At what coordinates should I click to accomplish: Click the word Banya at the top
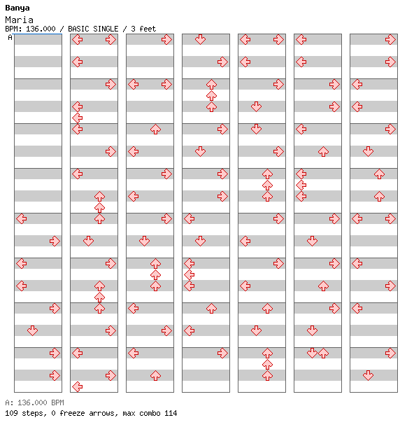click(x=17, y=8)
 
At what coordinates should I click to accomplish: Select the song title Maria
click(x=19, y=20)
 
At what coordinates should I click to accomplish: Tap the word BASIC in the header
click(x=78, y=29)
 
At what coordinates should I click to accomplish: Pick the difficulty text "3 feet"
click(x=143, y=29)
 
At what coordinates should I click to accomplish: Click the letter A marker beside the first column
click(x=10, y=37)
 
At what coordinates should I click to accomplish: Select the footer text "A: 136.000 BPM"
click(x=34, y=402)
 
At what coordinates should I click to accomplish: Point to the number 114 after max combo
click(x=171, y=413)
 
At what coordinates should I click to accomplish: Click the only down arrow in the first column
click(x=33, y=330)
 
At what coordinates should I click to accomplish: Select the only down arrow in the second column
click(x=89, y=241)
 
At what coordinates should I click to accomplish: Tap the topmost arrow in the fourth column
click(x=200, y=40)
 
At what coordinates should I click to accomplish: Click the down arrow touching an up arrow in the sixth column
click(x=312, y=353)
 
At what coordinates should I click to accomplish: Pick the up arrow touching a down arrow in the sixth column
click(x=323, y=353)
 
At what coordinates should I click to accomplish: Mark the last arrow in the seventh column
click(x=368, y=375)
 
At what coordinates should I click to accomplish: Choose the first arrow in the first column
click(x=22, y=218)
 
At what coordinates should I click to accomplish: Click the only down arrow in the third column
click(x=144, y=241)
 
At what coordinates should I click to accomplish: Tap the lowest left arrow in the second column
click(x=78, y=386)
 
